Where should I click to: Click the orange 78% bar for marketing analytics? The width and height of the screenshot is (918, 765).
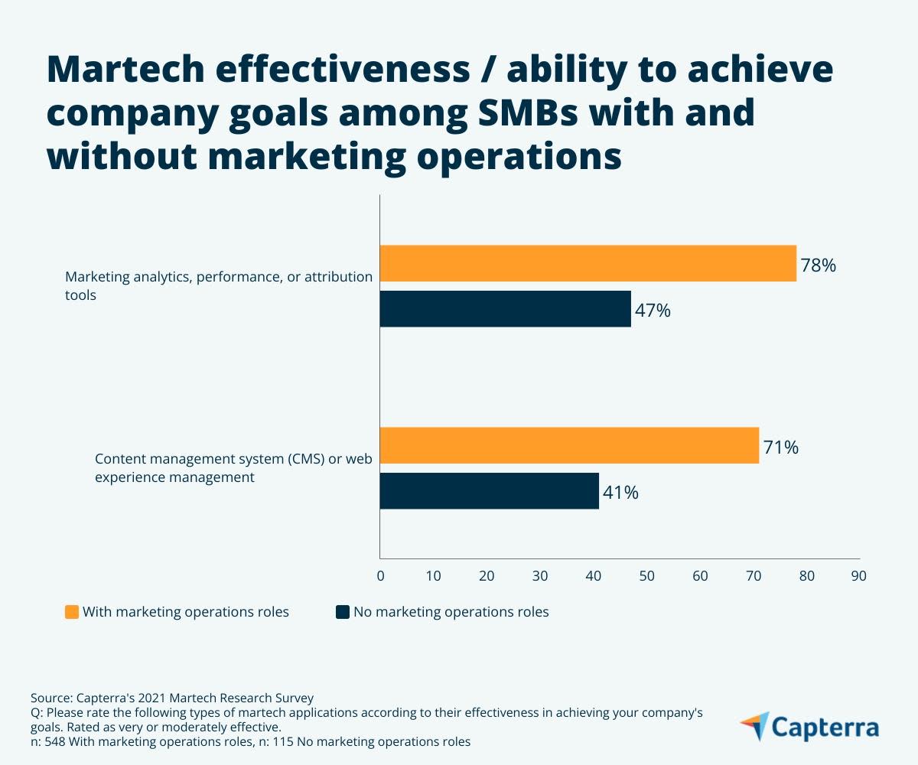click(x=588, y=263)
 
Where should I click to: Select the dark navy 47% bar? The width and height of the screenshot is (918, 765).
click(x=505, y=309)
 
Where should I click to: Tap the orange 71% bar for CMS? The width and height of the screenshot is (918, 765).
click(x=569, y=445)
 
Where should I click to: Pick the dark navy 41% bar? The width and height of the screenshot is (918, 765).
click(x=489, y=491)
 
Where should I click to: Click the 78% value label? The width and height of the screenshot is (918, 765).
click(x=818, y=266)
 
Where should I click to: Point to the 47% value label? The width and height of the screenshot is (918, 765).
click(x=653, y=311)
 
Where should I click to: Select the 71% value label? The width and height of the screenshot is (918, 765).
click(x=780, y=448)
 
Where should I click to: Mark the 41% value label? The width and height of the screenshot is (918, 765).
click(x=620, y=493)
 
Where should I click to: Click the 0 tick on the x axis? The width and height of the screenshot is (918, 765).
click(x=380, y=576)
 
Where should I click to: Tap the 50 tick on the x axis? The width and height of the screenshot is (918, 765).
click(x=646, y=576)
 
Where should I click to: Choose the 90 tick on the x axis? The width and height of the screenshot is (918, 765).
click(x=858, y=576)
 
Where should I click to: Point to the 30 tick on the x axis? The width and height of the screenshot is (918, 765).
click(x=540, y=576)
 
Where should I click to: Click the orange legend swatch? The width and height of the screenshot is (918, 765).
click(x=72, y=612)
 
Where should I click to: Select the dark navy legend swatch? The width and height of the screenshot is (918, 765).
click(x=342, y=612)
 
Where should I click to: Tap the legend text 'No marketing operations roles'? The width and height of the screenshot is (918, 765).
click(x=451, y=612)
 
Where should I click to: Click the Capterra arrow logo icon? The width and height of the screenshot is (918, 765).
click(x=755, y=726)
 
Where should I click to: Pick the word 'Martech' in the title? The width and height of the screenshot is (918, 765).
click(x=126, y=70)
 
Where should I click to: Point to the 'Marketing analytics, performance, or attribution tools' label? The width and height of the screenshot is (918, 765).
click(x=218, y=285)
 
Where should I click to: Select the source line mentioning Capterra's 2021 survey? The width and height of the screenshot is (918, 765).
click(x=172, y=698)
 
